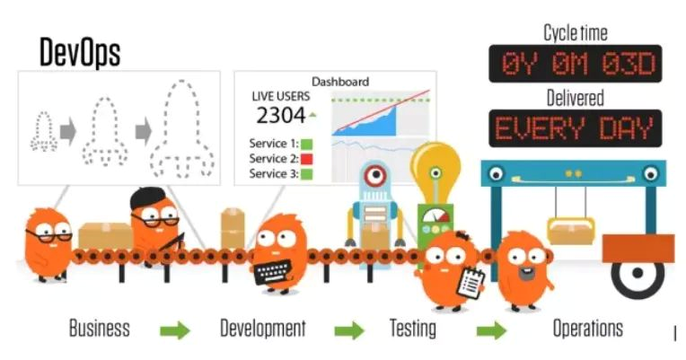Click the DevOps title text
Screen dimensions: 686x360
(x=79, y=52)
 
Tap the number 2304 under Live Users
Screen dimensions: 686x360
(x=279, y=115)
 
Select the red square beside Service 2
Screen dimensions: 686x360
(x=306, y=159)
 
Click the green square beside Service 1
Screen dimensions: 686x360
(x=306, y=144)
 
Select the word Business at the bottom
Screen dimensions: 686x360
(x=99, y=328)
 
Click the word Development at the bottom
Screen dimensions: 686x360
(x=263, y=328)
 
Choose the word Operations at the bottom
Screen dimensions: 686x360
(x=587, y=328)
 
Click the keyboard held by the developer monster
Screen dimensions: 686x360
(x=275, y=272)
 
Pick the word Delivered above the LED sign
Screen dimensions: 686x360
(x=575, y=97)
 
